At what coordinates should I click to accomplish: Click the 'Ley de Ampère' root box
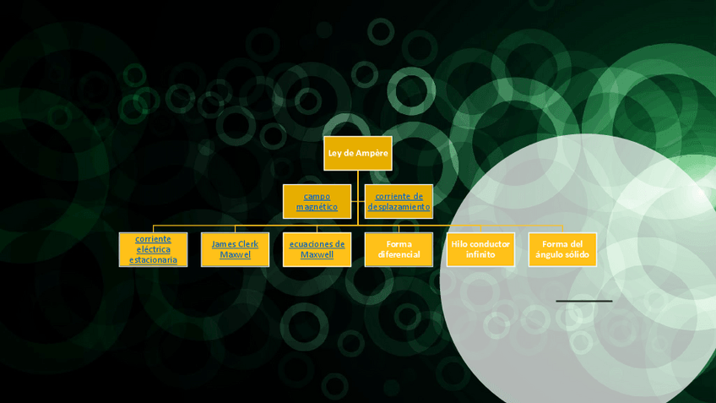[x=358, y=153]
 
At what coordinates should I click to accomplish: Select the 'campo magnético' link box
[x=317, y=201]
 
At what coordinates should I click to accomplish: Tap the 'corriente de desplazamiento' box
[x=399, y=201]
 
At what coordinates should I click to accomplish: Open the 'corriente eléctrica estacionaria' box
[x=153, y=249]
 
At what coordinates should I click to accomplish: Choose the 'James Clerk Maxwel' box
[x=235, y=249]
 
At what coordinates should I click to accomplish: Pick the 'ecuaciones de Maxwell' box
[x=317, y=249]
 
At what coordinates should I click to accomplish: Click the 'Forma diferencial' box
[x=399, y=249]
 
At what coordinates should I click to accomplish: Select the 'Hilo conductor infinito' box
[x=480, y=249]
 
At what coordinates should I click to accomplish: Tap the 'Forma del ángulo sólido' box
[x=562, y=249]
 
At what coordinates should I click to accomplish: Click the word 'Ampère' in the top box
[x=372, y=153]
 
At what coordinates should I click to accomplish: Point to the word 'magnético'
[x=317, y=207]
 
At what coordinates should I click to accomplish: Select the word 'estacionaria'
[x=153, y=260]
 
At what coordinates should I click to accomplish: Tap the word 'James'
[x=223, y=244]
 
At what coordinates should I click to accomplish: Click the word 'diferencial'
[x=399, y=254]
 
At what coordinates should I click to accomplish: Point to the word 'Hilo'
[x=459, y=244]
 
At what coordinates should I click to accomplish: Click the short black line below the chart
[x=583, y=301]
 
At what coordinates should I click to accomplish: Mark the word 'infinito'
[x=480, y=254]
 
